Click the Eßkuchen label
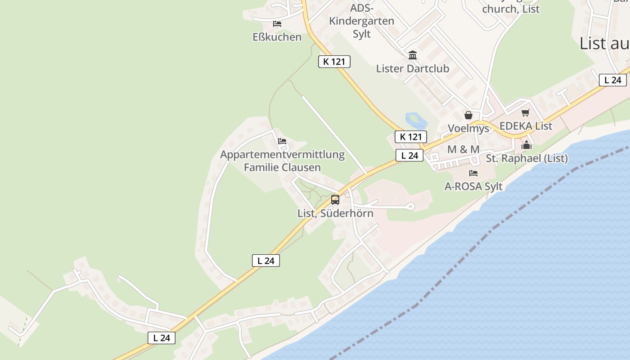pos(277,37)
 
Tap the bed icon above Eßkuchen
pos(277,23)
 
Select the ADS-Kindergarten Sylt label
pos(361,21)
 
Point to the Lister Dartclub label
pos(412,69)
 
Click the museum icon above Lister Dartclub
pos(412,55)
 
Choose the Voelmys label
pos(468,129)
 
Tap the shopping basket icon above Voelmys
pos(468,115)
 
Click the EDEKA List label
pos(526,126)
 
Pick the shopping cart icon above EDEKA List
pos(525,112)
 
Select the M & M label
pos(463,149)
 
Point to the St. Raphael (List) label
pos(526,158)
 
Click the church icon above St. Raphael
pos(526,145)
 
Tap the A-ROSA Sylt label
pos(473,186)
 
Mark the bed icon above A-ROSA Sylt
pos(473,173)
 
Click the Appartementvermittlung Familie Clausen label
pos(282,161)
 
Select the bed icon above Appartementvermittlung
pos(282,141)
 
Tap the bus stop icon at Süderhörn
pos(335,200)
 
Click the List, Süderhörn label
pos(335,213)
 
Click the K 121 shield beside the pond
pos(410,137)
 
